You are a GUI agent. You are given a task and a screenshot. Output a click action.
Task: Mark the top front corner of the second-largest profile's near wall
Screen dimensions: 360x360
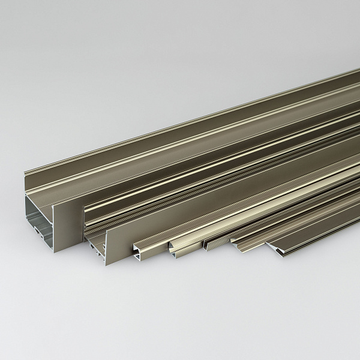coord(107,229)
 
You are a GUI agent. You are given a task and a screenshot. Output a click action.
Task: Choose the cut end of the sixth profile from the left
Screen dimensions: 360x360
coord(239,247)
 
